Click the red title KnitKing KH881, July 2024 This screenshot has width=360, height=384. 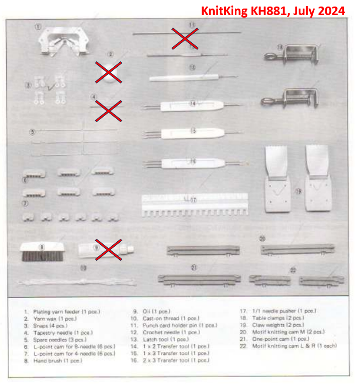[x=273, y=11]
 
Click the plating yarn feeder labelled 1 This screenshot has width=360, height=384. [x=64, y=41]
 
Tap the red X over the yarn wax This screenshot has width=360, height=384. [x=108, y=72]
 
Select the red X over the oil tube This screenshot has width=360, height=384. [x=108, y=249]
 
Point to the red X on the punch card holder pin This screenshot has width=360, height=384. [x=185, y=38]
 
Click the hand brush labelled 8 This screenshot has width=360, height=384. [x=42, y=252]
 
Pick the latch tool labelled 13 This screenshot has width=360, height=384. [x=194, y=77]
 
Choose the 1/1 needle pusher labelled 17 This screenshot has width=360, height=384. [x=195, y=205]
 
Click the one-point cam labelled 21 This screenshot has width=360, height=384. [x=199, y=280]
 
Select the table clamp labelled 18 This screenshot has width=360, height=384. [x=291, y=55]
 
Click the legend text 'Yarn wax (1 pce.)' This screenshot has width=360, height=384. [x=55, y=319]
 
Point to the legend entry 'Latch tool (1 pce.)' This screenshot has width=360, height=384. [x=166, y=339]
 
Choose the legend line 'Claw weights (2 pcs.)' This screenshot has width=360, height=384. [x=278, y=325]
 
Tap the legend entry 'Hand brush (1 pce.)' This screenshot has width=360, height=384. [x=58, y=361]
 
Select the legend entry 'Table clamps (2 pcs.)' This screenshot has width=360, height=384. [x=278, y=318]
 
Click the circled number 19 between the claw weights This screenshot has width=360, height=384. [x=298, y=191]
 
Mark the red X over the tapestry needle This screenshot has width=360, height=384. [x=108, y=111]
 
